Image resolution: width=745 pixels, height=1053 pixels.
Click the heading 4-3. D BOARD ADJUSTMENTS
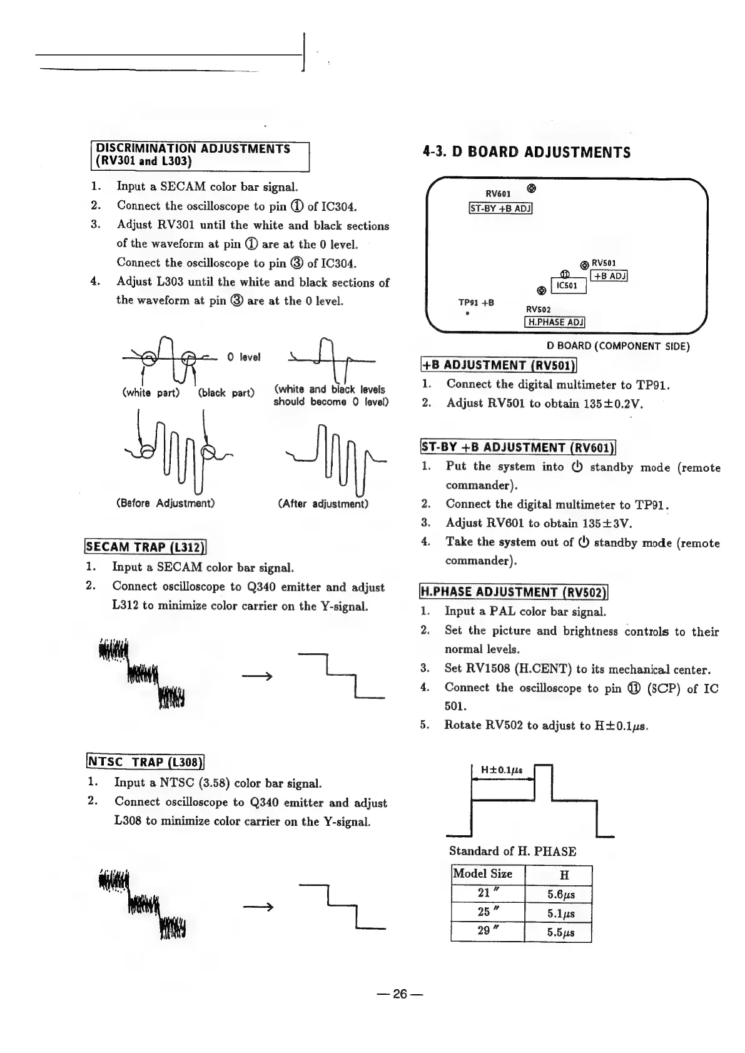point(527,152)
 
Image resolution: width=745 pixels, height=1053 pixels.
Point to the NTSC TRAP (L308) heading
point(145,762)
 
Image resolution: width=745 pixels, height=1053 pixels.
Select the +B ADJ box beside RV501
point(609,275)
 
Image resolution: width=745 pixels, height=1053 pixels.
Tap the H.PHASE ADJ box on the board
point(554,322)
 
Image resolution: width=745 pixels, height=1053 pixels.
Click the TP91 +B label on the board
point(476,303)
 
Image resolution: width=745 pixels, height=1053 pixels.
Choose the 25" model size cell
point(487,912)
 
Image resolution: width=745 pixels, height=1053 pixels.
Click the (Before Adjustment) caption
point(166,503)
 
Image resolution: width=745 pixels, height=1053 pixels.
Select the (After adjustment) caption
point(323,503)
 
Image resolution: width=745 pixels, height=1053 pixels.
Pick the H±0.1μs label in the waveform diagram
point(502,770)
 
